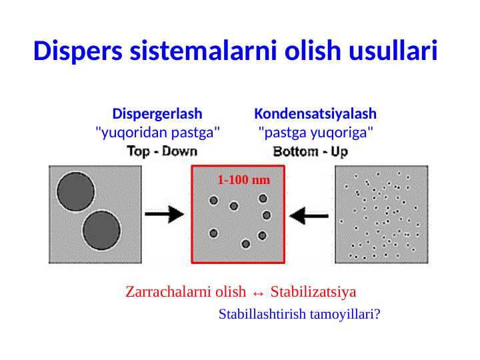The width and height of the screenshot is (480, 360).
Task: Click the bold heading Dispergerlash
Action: click(157, 113)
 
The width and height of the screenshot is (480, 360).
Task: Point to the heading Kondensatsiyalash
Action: click(315, 113)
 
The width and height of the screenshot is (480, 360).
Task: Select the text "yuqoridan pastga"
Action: click(158, 132)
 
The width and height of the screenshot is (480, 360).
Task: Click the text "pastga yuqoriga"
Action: click(315, 132)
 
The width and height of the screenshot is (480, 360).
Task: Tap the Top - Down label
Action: click(162, 151)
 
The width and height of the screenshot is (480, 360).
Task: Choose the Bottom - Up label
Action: click(311, 151)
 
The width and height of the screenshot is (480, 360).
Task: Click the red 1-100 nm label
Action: click(244, 180)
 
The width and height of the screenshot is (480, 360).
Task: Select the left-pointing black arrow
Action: click(311, 215)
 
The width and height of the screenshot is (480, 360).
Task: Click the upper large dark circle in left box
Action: click(76, 191)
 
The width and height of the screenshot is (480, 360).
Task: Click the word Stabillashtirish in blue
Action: click(262, 313)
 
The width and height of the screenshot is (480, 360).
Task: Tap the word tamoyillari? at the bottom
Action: click(344, 313)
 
